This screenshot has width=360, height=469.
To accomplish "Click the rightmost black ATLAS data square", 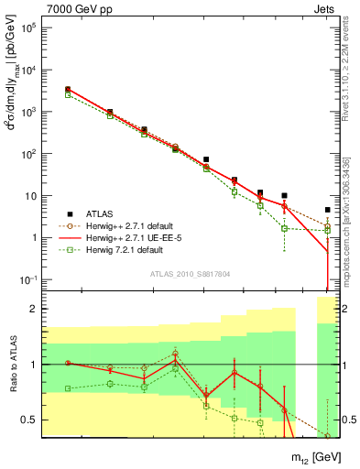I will coord(327,210).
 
